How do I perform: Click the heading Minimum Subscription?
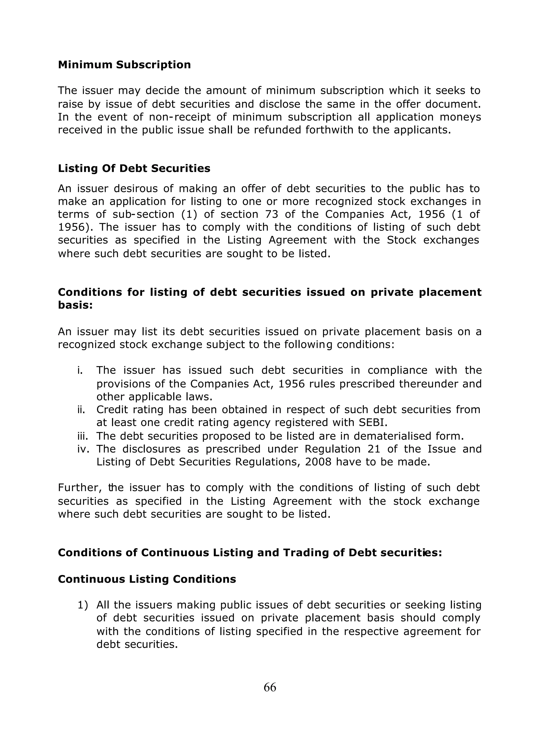(x=124, y=65)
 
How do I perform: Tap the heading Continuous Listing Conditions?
(x=147, y=579)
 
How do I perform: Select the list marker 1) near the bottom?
(x=83, y=605)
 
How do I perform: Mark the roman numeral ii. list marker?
(x=82, y=410)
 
